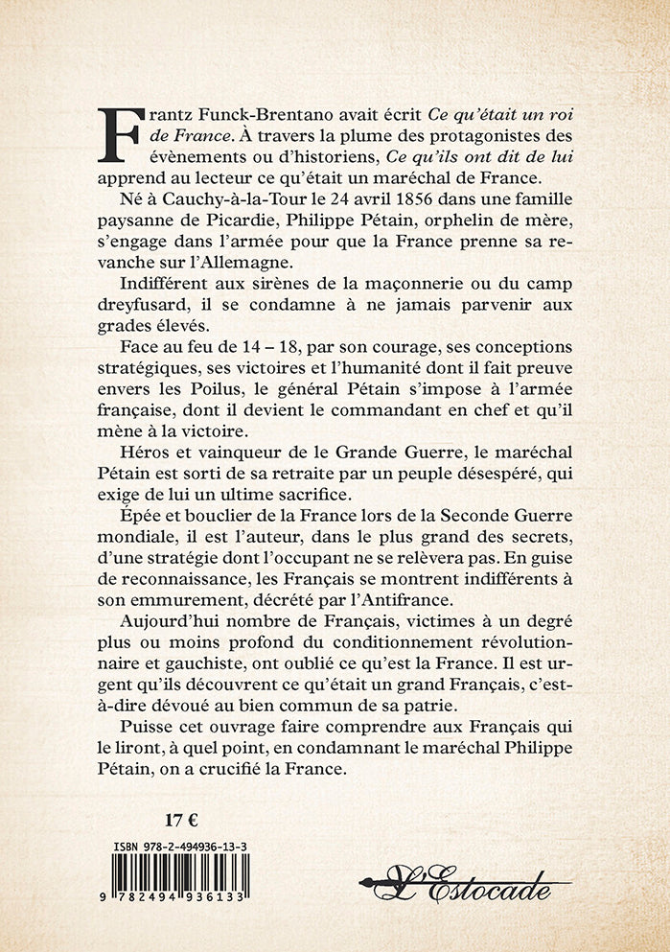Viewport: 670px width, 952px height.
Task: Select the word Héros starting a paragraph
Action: tap(157, 475)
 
